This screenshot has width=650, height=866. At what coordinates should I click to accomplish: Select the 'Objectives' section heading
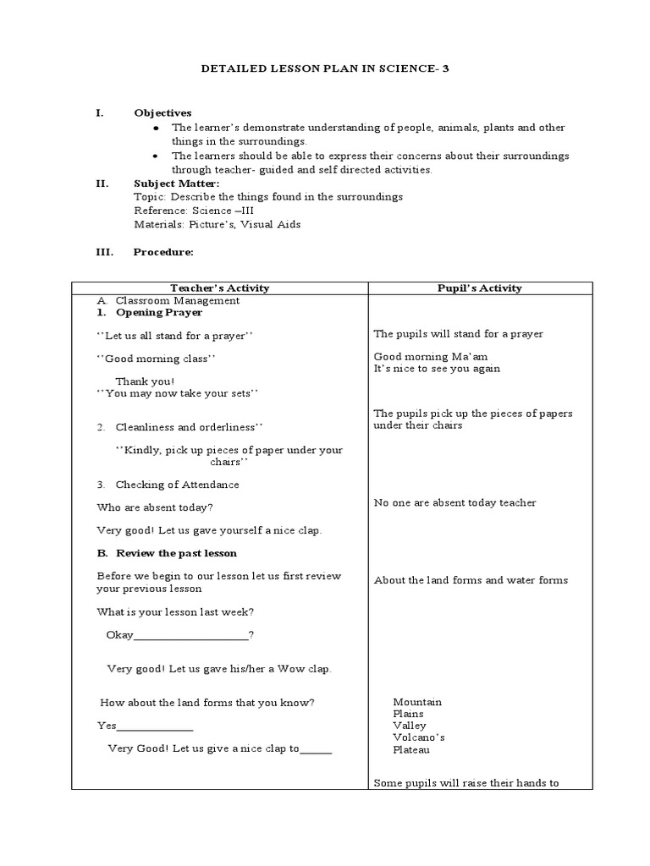[x=162, y=112]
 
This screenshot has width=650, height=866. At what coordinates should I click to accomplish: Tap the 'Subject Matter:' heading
[x=176, y=183]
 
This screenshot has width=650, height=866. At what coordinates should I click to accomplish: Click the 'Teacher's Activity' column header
[x=219, y=288]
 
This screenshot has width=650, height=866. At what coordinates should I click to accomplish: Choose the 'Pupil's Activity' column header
[x=479, y=288]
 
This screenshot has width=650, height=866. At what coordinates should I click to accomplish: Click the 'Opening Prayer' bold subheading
[x=159, y=312]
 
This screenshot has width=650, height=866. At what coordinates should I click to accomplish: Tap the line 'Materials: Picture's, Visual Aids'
[x=217, y=224]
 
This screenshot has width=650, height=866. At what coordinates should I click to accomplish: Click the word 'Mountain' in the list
[x=416, y=702]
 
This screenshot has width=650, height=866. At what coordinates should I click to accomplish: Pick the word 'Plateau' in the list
[x=411, y=749]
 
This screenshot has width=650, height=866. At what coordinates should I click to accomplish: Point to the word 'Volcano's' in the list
[x=418, y=737]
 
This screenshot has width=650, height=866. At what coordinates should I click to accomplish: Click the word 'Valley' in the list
[x=410, y=726]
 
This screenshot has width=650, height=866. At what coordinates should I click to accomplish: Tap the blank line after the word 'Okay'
[x=191, y=636]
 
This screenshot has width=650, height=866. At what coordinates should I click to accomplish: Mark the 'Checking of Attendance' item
[x=177, y=485]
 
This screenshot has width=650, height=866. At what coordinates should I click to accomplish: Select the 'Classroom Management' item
[x=177, y=300]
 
